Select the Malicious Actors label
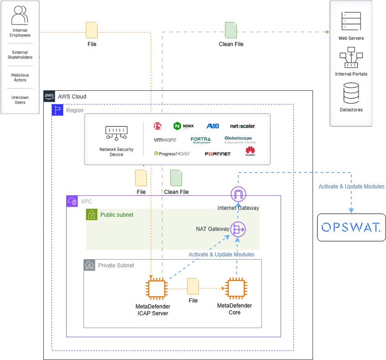click(20, 77)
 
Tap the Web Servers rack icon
click(351, 21)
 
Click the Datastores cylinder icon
click(351, 93)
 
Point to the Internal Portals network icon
click(351, 58)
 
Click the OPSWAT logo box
click(351, 227)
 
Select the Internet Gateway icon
click(238, 194)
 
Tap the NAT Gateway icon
click(238, 229)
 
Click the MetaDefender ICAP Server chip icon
click(156, 289)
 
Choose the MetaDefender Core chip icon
click(235, 288)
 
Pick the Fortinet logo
click(218, 154)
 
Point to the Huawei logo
click(250, 151)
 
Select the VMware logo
click(165, 140)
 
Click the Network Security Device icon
click(116, 133)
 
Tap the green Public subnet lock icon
click(92, 214)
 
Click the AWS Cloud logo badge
click(49, 96)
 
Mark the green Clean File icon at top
click(231, 30)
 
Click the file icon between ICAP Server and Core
click(193, 286)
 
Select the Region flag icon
click(57, 110)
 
